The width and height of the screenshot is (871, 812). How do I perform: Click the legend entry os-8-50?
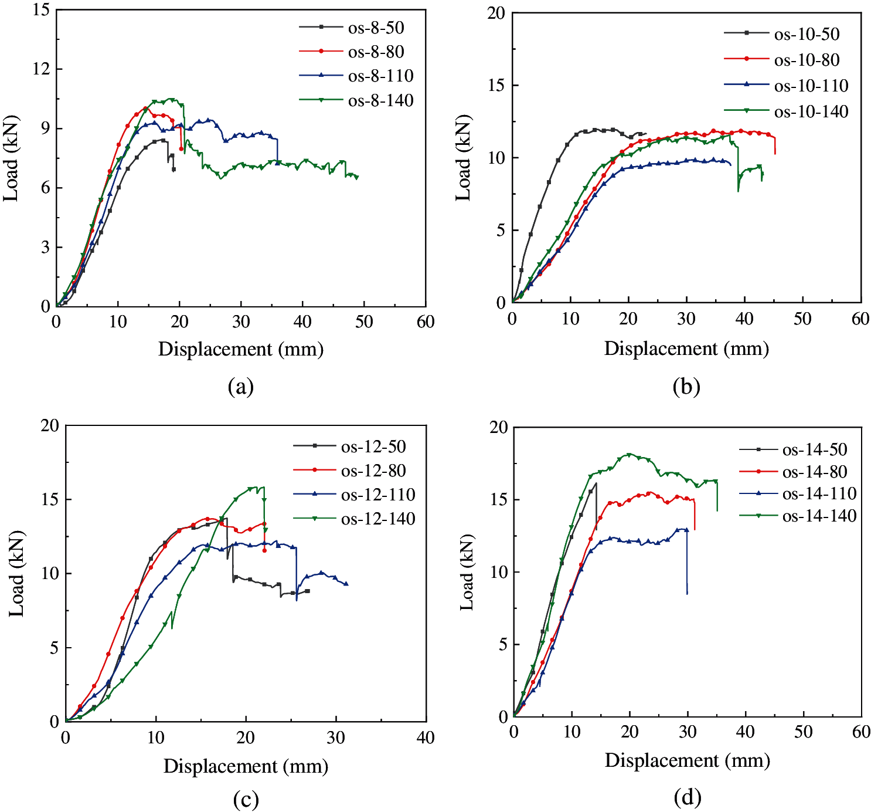[x=376, y=28]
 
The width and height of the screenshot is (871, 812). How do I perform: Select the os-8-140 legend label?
[x=380, y=100]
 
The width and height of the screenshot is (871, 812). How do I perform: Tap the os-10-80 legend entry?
[x=807, y=60]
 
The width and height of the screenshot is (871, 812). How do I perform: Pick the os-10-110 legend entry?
[x=811, y=86]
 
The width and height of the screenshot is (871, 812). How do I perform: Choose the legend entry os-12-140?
[x=378, y=519]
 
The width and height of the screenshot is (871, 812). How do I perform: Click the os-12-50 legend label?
[x=373, y=446]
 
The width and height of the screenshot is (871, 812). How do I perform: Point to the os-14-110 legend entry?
[x=819, y=493]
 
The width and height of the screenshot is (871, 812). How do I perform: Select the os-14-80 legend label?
[x=815, y=472]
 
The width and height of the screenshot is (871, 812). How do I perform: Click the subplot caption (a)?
[x=240, y=387]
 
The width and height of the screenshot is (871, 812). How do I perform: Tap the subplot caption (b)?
[x=686, y=387]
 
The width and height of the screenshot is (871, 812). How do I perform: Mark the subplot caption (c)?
[x=245, y=800]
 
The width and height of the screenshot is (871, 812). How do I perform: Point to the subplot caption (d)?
[x=687, y=797]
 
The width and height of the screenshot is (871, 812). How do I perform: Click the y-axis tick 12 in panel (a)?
[x=39, y=69]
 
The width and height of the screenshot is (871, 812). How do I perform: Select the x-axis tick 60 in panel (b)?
[x=860, y=319]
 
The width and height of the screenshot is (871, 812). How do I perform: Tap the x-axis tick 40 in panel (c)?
[x=425, y=737]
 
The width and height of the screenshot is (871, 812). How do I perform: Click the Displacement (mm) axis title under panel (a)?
[x=240, y=350]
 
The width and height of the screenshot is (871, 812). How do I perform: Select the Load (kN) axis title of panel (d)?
[x=467, y=573]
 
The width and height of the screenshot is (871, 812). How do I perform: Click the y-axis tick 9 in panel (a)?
[x=45, y=128]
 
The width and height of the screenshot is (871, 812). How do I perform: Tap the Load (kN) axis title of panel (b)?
[x=463, y=158]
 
